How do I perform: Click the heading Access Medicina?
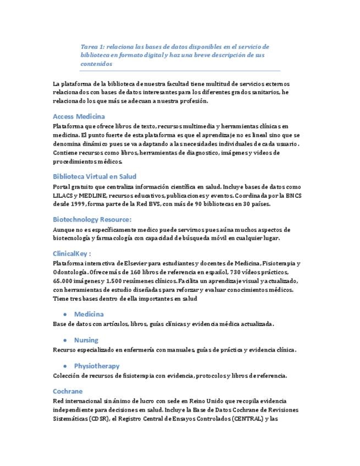point(79,116)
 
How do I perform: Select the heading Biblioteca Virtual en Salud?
point(95,176)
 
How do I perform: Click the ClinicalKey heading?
point(71,253)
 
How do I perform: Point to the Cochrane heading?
point(68,391)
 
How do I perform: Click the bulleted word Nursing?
point(86,340)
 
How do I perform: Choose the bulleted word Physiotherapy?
point(97,366)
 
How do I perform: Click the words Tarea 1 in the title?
point(92,47)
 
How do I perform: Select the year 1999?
point(76,204)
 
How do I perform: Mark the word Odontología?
point(68,272)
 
